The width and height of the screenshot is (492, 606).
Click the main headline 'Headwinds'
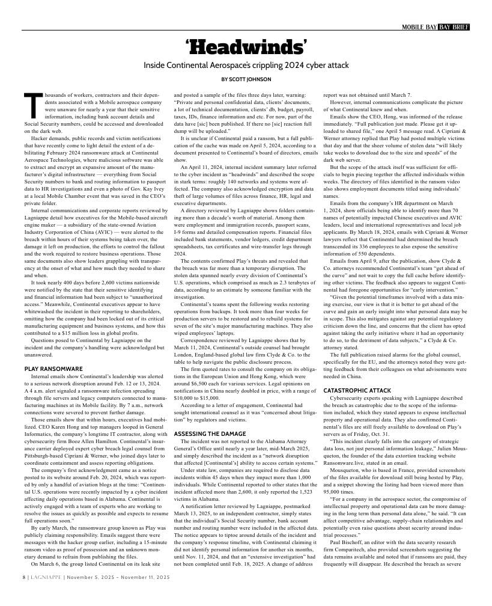246,47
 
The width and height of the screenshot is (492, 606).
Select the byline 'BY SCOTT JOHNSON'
246,79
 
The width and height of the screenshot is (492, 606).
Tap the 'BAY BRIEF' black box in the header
454,27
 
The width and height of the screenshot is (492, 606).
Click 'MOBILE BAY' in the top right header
419,27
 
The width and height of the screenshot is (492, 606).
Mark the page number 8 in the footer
24,594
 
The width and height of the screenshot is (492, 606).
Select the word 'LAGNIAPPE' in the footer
47,594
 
